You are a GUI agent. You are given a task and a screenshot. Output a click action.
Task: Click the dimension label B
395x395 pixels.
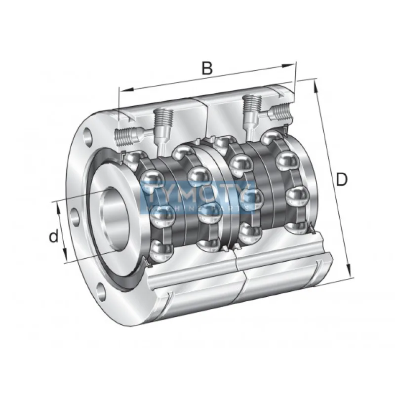pyautogui.click(x=208, y=68)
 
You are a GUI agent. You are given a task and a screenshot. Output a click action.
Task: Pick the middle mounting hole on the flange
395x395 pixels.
pyautogui.click(x=75, y=216)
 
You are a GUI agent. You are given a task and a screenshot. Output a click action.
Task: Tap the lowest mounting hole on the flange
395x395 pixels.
pyautogui.click(x=101, y=292)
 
